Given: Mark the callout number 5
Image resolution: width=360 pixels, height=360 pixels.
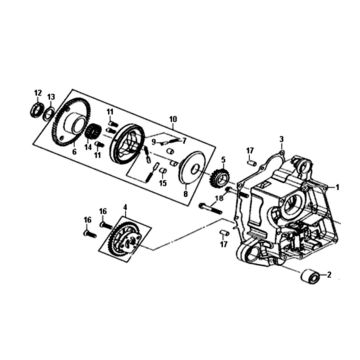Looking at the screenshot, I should [223, 159].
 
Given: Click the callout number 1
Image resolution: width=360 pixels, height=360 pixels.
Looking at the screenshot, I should [347, 184].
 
